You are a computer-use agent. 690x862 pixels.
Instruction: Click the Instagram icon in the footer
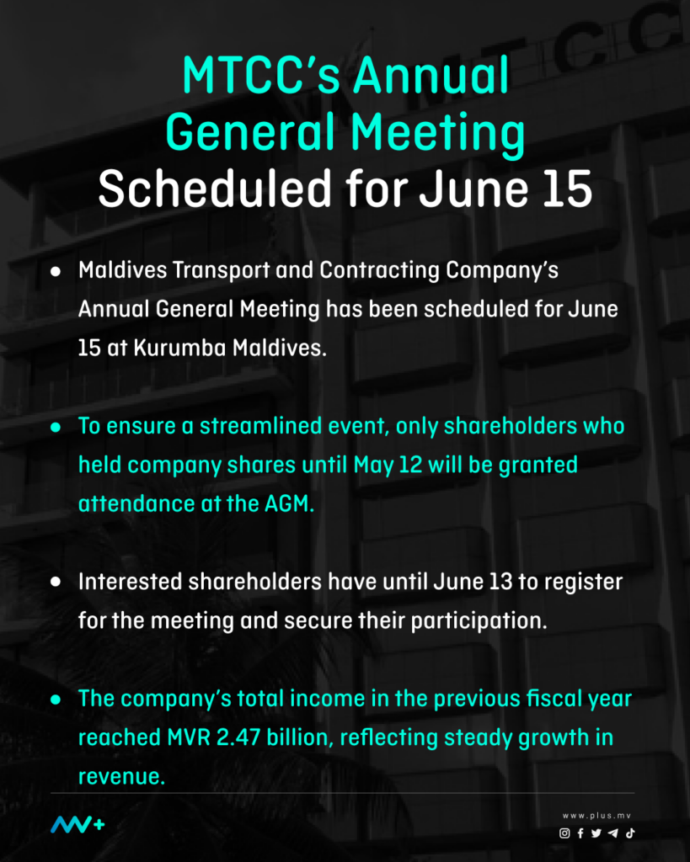point(564,833)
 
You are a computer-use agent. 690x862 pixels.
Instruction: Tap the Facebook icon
point(580,833)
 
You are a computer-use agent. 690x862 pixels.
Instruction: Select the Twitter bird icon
point(596,833)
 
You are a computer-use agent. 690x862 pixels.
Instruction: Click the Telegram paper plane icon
point(612,833)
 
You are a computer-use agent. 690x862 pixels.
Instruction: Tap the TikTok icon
point(629,833)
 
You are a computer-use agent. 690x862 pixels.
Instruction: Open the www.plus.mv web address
point(598,816)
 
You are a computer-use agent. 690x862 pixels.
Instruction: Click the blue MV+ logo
point(78,825)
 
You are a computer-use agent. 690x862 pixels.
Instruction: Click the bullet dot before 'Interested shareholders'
point(56,582)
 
